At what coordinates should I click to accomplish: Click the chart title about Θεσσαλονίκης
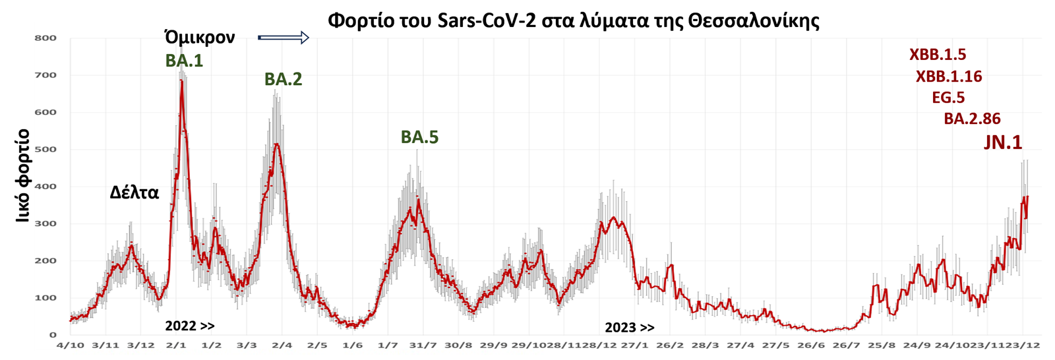coord(573,20)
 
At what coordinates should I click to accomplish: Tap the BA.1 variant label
coord(184,61)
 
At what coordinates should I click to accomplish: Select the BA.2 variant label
coord(283,80)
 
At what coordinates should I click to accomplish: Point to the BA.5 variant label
coord(419,137)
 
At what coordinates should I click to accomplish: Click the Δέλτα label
coord(135,193)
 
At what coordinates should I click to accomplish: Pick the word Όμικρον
coord(200,38)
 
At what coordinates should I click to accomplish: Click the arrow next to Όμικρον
coord(284,38)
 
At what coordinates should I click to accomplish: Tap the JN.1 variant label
coord(1003,142)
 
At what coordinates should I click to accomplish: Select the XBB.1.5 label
coord(937,55)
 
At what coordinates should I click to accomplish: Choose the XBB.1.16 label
coord(949,76)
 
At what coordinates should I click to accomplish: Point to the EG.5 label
coord(948,98)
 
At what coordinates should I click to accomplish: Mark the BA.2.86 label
coord(972,119)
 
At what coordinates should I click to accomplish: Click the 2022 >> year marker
coord(189,326)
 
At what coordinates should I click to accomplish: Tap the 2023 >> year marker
coord(630,328)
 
